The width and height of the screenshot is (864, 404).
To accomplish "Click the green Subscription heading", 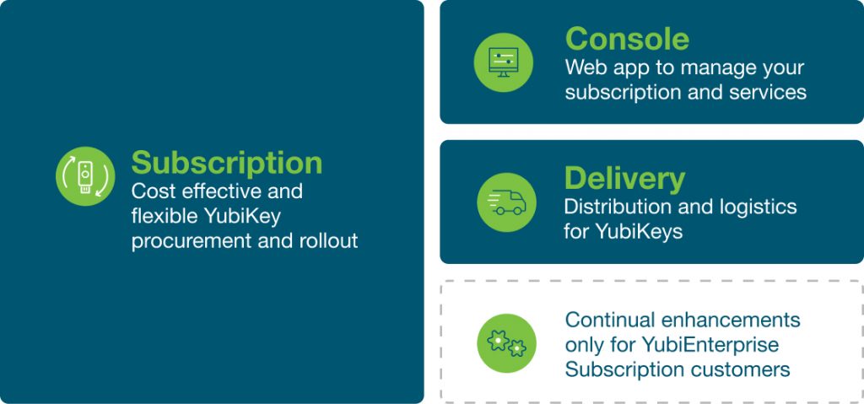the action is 226,164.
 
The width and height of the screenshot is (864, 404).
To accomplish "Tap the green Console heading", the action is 627,39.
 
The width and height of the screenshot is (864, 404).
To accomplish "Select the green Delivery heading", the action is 624,179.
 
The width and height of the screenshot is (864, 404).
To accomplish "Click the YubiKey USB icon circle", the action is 85,176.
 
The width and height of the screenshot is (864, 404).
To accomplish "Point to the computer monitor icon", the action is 503,62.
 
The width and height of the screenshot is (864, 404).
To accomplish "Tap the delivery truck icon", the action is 506,202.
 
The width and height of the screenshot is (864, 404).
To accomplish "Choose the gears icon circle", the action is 506,343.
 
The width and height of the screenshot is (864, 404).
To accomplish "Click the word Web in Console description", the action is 584,67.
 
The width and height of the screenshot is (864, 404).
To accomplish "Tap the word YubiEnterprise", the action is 710,345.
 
